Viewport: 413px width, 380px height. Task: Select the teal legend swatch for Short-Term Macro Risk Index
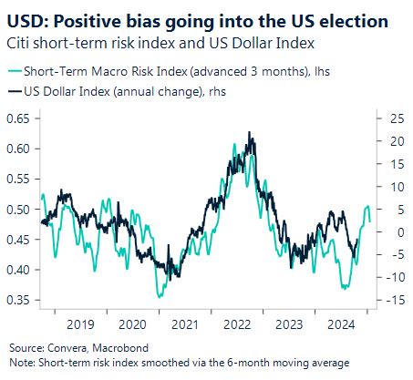[15, 71]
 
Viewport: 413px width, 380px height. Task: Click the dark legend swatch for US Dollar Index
[15, 91]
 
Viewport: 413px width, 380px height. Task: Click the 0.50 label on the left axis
[18, 210]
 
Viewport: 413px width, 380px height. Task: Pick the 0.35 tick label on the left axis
[18, 300]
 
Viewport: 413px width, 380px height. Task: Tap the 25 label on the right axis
[398, 118]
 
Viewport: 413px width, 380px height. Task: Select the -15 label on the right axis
[395, 300]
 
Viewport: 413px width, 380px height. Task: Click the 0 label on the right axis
[401, 232]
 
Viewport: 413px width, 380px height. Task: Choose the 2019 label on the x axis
[80, 324]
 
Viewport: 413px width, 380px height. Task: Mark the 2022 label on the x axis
[237, 324]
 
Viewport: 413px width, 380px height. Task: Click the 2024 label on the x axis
[341, 324]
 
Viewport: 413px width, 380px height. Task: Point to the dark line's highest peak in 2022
[250, 132]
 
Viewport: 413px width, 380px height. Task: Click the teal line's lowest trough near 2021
[160, 297]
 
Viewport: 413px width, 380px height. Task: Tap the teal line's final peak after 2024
[367, 206]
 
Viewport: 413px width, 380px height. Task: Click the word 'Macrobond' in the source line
[120, 348]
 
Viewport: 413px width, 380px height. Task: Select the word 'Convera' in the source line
[67, 348]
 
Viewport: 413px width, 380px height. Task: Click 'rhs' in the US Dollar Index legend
[217, 91]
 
